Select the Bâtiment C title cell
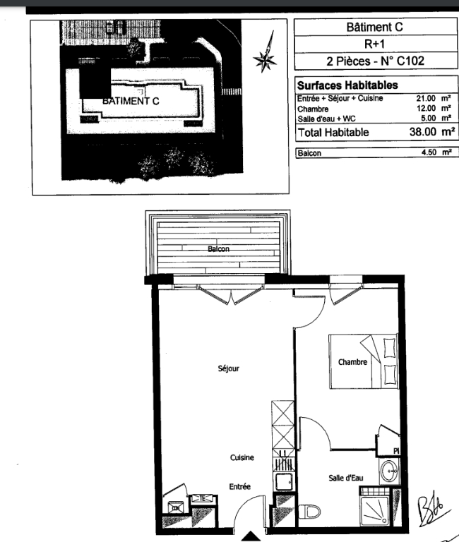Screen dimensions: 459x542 point(376,27)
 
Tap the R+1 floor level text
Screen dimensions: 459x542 point(374,44)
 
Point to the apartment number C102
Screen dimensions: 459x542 point(410,61)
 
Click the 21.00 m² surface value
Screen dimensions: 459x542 point(434,98)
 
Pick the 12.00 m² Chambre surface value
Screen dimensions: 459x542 point(434,108)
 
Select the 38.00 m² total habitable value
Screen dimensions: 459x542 point(431,132)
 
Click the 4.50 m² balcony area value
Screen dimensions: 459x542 point(436,152)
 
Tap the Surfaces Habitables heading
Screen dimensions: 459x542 point(347,85)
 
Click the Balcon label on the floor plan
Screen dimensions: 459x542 point(219,249)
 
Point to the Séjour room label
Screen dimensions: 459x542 point(229,368)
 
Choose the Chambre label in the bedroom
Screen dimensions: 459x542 point(352,362)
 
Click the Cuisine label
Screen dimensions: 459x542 point(242,457)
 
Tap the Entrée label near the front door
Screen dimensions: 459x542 point(239,486)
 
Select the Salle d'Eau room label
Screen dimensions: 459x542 point(346,478)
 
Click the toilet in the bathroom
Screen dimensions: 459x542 point(309,511)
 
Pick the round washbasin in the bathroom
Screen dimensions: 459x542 point(390,471)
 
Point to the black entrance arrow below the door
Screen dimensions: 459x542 point(251,536)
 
